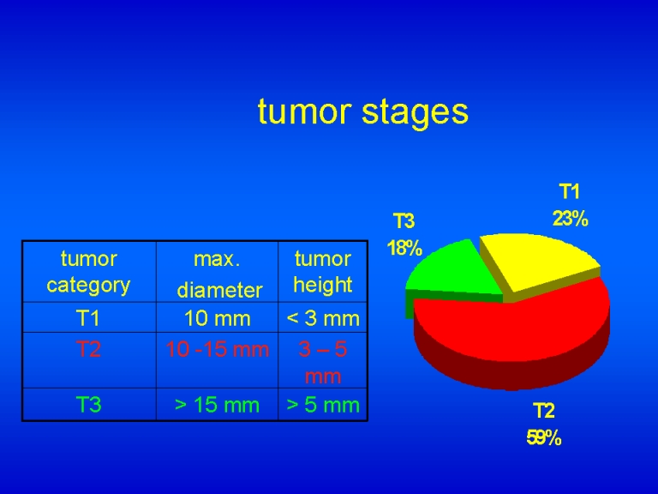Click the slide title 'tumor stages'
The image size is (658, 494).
(x=363, y=112)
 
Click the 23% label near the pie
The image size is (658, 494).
(x=571, y=219)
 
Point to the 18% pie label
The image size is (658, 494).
(x=404, y=248)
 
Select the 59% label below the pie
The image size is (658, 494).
(x=544, y=437)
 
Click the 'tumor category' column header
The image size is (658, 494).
(x=88, y=272)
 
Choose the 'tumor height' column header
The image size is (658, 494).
(x=323, y=272)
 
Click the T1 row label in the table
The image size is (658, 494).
(x=88, y=318)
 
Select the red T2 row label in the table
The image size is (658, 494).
(x=88, y=350)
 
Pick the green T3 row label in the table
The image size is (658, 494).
(x=88, y=405)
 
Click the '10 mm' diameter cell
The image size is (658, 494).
(x=218, y=318)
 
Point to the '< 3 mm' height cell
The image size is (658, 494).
(x=323, y=318)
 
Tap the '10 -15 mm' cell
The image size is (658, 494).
(x=218, y=350)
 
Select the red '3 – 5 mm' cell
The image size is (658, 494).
(x=323, y=363)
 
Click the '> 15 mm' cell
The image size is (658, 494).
(x=218, y=405)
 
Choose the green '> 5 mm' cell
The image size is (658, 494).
(x=323, y=405)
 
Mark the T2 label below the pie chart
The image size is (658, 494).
(x=544, y=411)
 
